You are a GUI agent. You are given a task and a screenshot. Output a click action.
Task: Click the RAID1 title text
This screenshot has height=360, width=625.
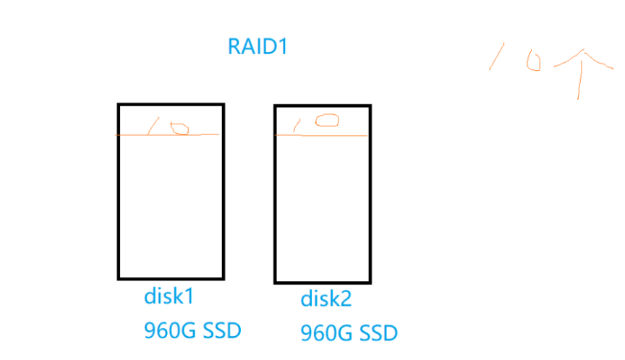tap(258, 47)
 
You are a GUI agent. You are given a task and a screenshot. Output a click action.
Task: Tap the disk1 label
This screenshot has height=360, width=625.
tap(169, 296)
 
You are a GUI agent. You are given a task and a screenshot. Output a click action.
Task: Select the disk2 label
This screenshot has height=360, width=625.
tap(326, 299)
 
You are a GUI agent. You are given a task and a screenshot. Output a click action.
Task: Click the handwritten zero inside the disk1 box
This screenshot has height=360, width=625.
tap(180, 129)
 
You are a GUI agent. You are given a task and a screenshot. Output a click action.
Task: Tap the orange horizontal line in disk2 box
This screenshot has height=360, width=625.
tap(354, 134)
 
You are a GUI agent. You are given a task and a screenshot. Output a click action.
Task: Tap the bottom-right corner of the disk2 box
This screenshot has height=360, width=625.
tap(370, 281)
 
